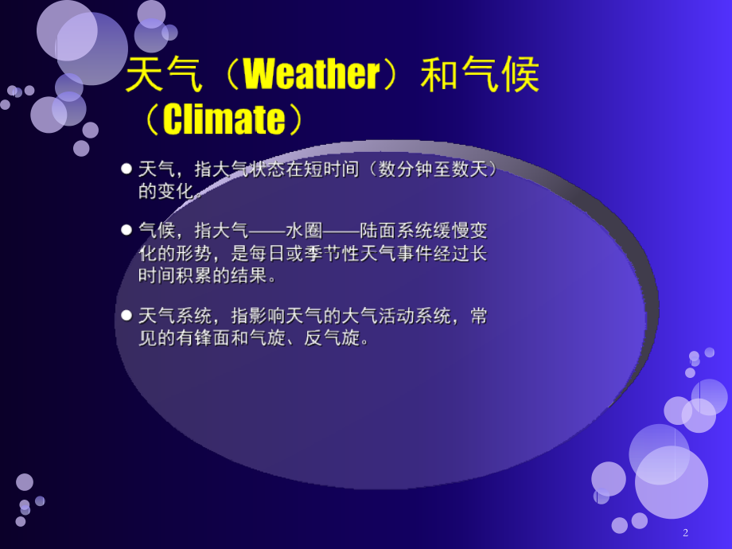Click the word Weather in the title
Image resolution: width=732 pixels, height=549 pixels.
click(x=312, y=74)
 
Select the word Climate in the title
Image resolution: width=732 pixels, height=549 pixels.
click(x=224, y=119)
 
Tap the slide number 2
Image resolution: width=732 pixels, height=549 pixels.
click(x=685, y=532)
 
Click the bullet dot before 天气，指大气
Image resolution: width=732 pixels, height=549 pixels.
click(x=127, y=169)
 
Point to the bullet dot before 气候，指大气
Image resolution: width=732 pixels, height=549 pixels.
click(x=127, y=230)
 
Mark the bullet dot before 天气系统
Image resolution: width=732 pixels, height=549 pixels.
click(x=127, y=316)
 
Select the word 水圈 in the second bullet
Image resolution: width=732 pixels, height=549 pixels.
click(x=304, y=231)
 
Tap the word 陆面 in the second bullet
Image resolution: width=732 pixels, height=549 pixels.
click(x=378, y=231)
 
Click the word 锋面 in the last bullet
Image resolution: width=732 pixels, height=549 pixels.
click(x=212, y=338)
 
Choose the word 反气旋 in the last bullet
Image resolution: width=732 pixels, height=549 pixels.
click(x=332, y=338)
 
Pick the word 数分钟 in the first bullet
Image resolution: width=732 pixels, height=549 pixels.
click(x=405, y=169)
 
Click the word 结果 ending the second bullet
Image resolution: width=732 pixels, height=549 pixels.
click(x=249, y=275)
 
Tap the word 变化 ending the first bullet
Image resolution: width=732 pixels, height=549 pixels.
click(x=175, y=191)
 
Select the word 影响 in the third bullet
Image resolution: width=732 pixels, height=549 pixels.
click(x=267, y=316)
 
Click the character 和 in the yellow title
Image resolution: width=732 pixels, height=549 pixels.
click(x=439, y=74)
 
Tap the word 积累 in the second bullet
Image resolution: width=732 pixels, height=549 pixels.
click(x=193, y=275)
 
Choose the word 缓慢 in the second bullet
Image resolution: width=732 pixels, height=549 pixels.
click(x=451, y=231)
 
